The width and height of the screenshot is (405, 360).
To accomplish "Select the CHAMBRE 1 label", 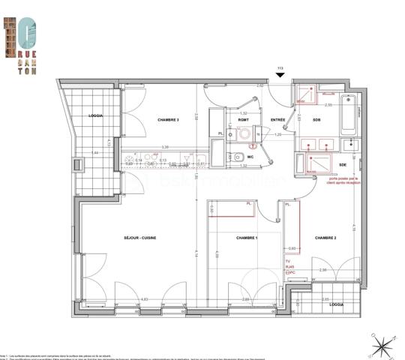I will (x=247, y=238).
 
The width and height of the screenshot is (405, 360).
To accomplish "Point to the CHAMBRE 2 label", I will (x=325, y=237).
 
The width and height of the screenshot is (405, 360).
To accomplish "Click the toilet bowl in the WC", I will (x=235, y=157).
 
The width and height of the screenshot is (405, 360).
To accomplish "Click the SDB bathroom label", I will (x=316, y=119).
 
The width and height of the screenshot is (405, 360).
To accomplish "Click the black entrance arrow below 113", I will (x=280, y=76).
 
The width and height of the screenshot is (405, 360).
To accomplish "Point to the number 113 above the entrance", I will (x=280, y=68).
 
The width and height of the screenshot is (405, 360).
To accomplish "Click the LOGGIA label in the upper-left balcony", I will (x=94, y=116).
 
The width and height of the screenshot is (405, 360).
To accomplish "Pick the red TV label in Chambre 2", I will (x=288, y=259).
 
